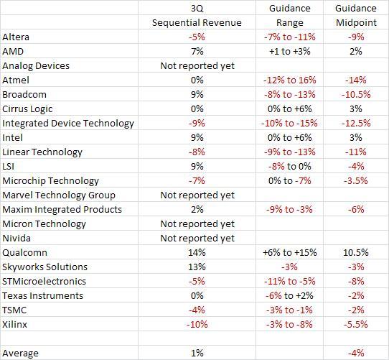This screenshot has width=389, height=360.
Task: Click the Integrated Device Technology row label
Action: (x=68, y=123)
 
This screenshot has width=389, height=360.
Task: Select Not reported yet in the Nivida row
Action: (x=197, y=238)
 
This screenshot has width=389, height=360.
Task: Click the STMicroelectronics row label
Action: (x=44, y=281)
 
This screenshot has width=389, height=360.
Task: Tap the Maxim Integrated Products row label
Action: (x=62, y=209)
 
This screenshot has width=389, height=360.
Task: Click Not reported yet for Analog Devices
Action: (x=197, y=65)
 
